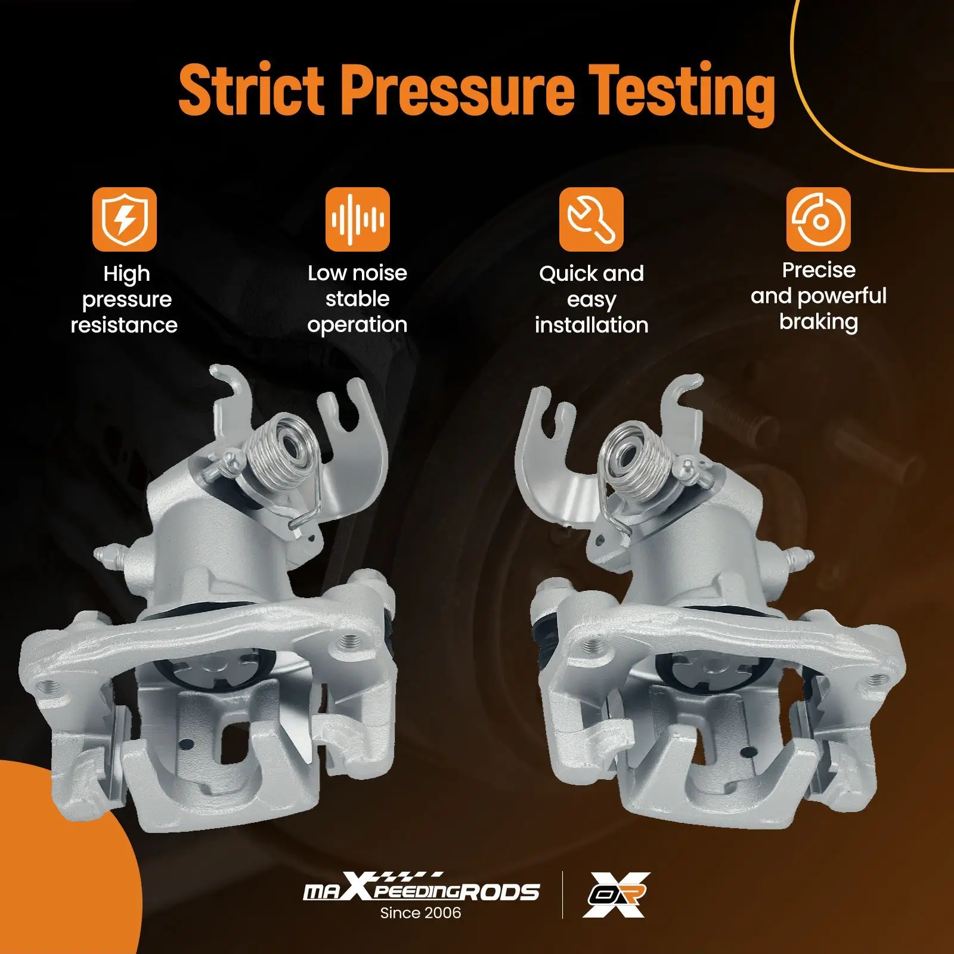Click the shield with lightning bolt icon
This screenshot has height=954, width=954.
[124, 219]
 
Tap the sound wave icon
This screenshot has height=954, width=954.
[357, 219]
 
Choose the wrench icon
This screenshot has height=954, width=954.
[590, 219]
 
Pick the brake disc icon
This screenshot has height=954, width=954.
[818, 219]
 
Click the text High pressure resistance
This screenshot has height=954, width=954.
[125, 299]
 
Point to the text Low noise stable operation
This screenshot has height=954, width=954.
[357, 299]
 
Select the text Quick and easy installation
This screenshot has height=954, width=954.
[591, 299]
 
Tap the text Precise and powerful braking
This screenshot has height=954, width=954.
[818, 296]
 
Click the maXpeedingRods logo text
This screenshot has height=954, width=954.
[421, 891]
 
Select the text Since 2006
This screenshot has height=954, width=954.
[420, 913]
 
